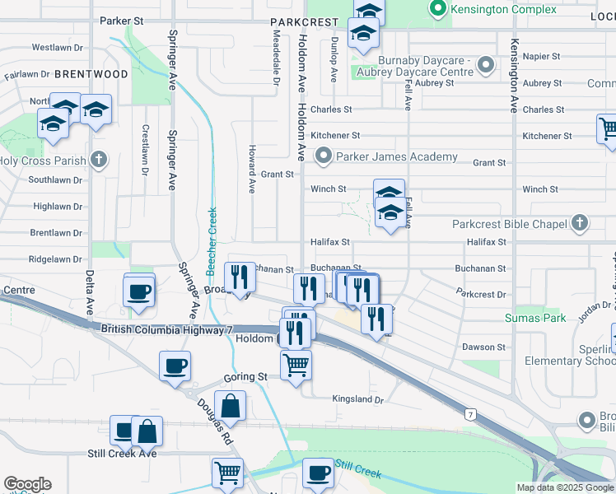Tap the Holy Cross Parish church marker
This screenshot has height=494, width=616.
click(x=98, y=160)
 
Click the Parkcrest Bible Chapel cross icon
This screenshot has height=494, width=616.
click(x=580, y=223)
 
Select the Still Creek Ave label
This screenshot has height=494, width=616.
click(x=122, y=454)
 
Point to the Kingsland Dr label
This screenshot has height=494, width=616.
click(x=358, y=399)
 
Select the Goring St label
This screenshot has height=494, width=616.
click(x=245, y=376)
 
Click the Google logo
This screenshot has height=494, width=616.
click(x=27, y=484)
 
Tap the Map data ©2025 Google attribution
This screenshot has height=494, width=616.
click(x=565, y=487)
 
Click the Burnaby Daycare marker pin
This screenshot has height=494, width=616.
click(x=486, y=63)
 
